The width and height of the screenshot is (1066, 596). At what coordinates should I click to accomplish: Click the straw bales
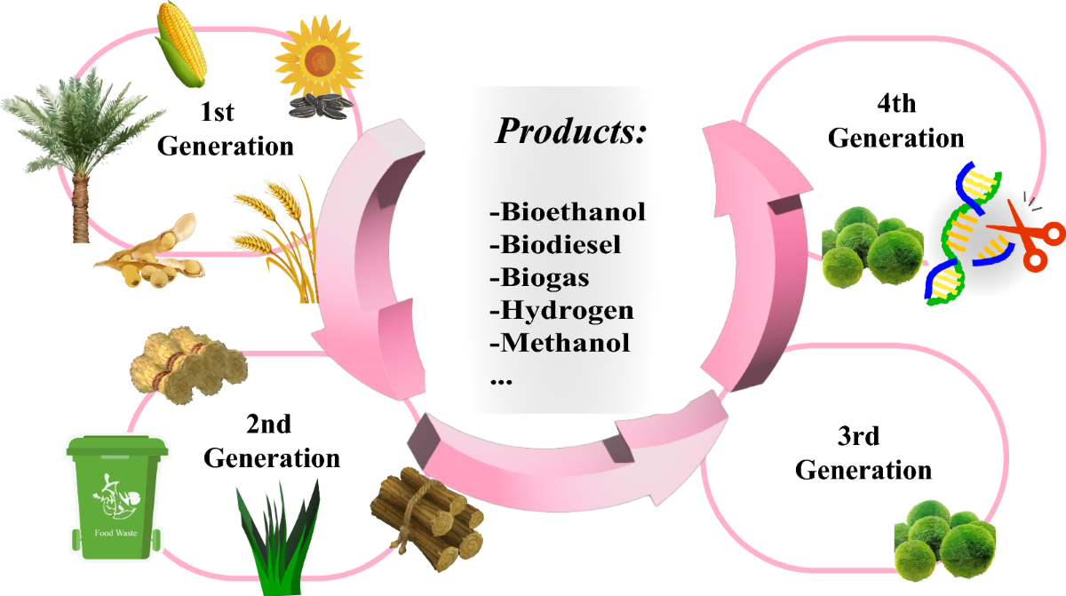click(187, 363)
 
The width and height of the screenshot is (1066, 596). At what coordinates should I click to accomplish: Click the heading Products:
click(569, 131)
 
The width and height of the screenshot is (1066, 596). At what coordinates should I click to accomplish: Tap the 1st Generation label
click(226, 129)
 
